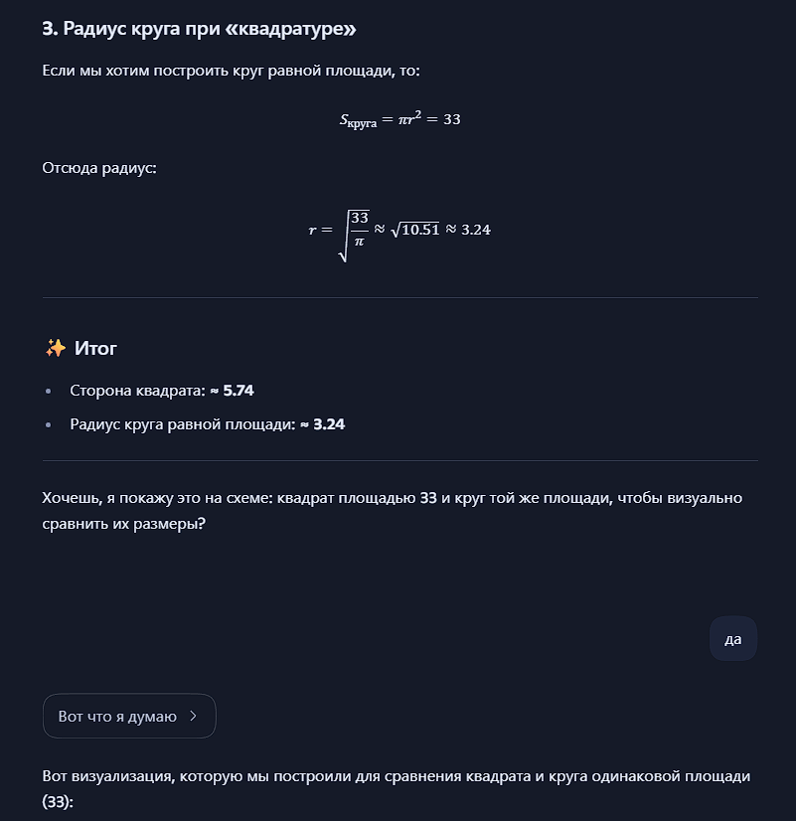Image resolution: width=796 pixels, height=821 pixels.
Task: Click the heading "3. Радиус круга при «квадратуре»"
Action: [199, 29]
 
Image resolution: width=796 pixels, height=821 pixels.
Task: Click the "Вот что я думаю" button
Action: [128, 716]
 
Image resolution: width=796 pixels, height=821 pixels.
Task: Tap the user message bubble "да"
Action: [733, 639]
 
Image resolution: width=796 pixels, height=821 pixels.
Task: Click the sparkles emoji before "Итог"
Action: [55, 348]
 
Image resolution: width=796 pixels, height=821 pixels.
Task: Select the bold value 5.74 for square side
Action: [239, 391]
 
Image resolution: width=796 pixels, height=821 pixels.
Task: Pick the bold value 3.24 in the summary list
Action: [329, 424]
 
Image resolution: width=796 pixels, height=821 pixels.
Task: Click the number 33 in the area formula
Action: [451, 119]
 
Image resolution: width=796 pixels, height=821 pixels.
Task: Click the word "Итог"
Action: [95, 348]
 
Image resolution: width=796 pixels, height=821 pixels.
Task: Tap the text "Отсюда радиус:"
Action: [99, 168]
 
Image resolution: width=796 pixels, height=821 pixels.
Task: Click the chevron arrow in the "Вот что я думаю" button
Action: [193, 716]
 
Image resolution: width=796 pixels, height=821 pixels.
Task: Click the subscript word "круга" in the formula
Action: [360, 123]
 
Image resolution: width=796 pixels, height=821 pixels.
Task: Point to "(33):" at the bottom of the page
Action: [59, 800]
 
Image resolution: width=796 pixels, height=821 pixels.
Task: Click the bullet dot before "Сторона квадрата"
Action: [49, 391]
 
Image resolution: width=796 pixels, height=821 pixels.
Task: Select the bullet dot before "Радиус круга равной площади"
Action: [49, 424]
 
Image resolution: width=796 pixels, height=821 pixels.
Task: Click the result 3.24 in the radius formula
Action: [476, 230]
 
